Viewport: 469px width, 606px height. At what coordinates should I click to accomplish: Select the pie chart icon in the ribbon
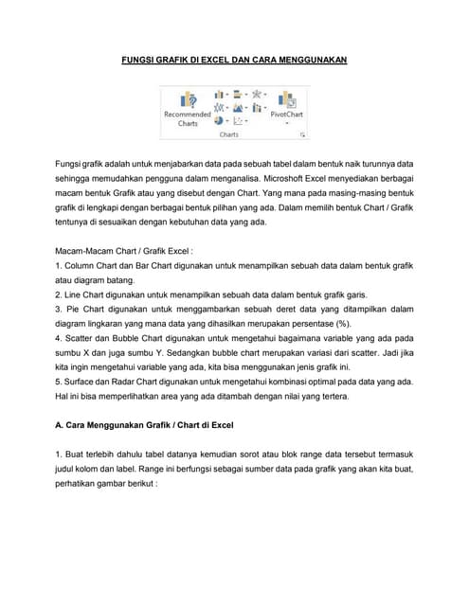[x=219, y=121]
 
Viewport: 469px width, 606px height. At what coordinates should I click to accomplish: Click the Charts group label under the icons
[x=229, y=135]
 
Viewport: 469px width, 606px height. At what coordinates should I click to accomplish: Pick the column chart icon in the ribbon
[x=219, y=95]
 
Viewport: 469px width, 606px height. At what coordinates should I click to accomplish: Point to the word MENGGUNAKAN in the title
[x=309, y=60]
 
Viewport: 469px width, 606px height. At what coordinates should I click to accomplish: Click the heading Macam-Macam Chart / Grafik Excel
[x=124, y=251]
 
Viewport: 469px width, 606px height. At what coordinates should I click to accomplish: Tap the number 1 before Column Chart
[x=59, y=266]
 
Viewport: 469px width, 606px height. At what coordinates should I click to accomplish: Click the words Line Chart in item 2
[x=87, y=294]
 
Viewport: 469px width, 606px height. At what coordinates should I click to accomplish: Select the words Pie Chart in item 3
[x=85, y=309]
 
